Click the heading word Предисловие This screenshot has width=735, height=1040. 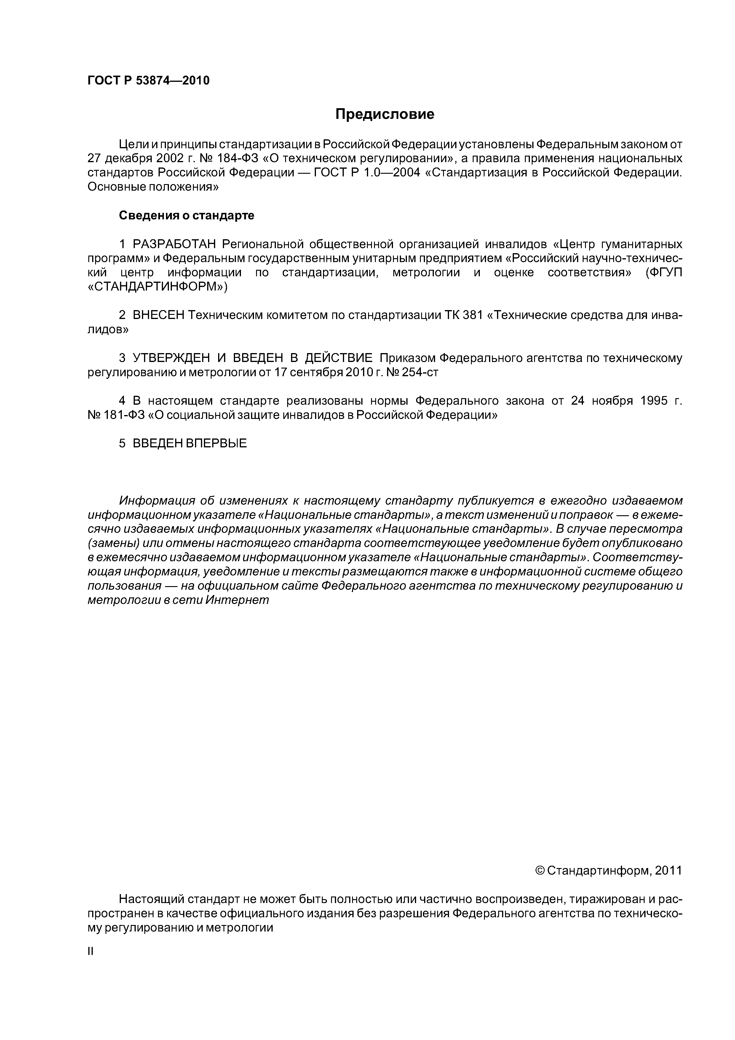pos(384,114)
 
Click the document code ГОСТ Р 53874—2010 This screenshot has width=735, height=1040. pos(148,81)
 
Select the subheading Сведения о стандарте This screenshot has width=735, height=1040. pos(187,216)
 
